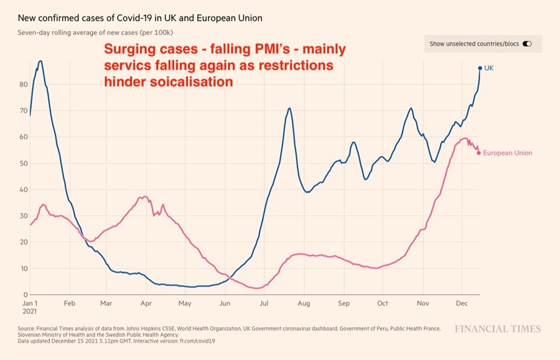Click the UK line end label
pos(489,68)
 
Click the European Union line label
pos(507,153)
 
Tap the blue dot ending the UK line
pos(480,68)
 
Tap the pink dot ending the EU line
pos(478,152)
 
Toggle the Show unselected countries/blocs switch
pos(528,44)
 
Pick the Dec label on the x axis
pos(461,304)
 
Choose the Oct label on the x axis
pos(383,304)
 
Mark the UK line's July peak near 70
pos(289,108)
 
